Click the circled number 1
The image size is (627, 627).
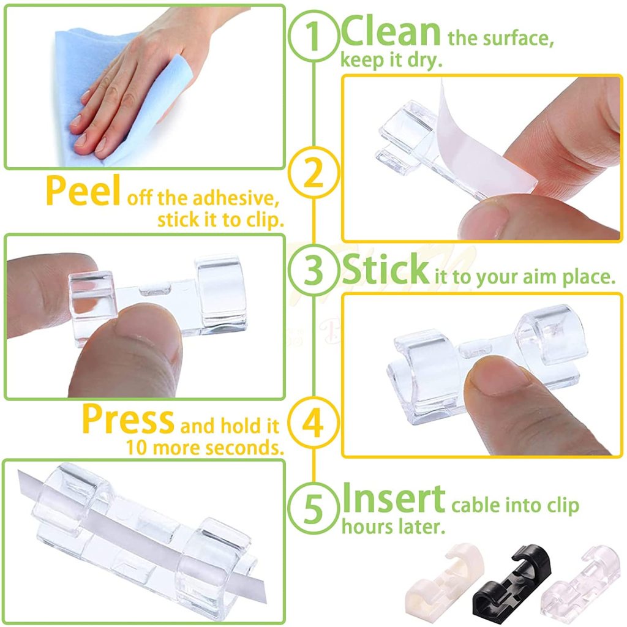pos(314,36)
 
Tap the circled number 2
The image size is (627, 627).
pos(313,172)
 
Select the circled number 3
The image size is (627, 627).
pos(314,270)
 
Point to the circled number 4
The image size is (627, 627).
pos(313,422)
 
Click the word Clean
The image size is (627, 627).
pos(390,31)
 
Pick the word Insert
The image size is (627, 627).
pos(394,498)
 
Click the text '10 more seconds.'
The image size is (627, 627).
pos(205,448)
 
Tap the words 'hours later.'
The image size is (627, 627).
pos(394,527)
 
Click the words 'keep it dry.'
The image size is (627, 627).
pos(391,61)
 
